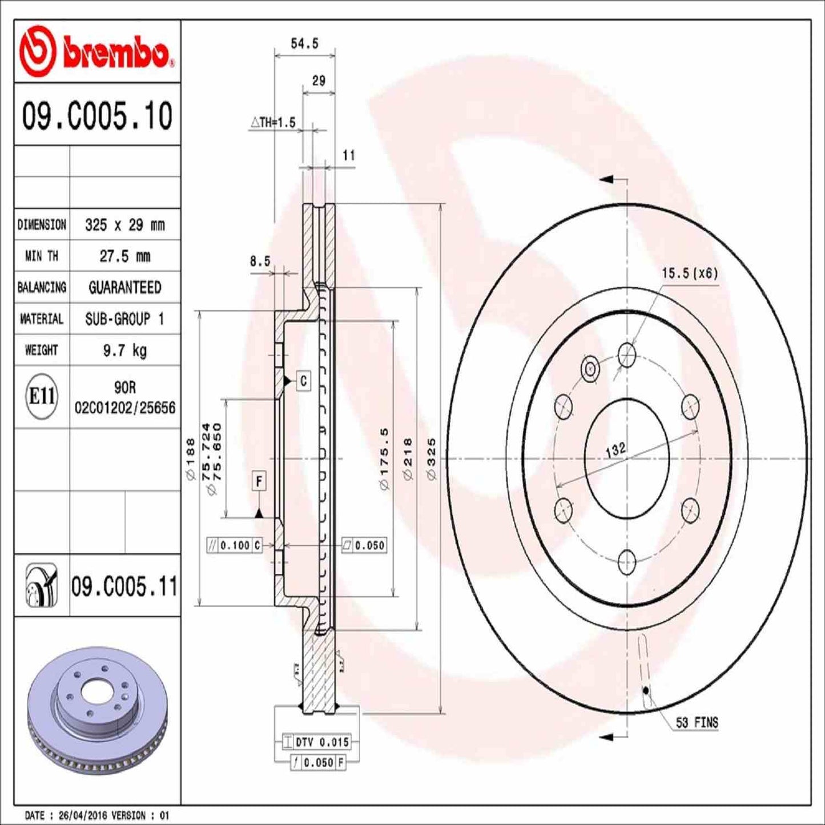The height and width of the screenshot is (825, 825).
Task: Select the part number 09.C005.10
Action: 97,116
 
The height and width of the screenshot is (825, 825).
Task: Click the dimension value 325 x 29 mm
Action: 124,225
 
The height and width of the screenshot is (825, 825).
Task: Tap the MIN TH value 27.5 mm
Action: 124,256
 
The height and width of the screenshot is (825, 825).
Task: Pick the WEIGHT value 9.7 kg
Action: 124,350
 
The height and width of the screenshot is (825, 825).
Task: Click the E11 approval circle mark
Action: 42,396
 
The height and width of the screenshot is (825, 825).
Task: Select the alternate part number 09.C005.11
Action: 124,586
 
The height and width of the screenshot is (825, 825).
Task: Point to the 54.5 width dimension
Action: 304,43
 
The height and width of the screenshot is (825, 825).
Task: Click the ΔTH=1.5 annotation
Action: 273,122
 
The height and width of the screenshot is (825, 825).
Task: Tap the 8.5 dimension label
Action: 260,261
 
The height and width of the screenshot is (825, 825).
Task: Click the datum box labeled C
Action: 303,381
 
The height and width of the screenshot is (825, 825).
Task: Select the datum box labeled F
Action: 259,481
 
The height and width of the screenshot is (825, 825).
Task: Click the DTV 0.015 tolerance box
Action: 321,742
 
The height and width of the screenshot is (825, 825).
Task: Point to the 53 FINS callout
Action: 697,723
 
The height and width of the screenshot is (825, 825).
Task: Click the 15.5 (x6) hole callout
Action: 690,273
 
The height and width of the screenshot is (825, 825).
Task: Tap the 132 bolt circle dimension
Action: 615,449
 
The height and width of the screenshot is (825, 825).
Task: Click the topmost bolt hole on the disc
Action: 627,355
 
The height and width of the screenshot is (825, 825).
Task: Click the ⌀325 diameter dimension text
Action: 432,458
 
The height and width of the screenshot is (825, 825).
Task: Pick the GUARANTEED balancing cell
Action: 124,287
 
